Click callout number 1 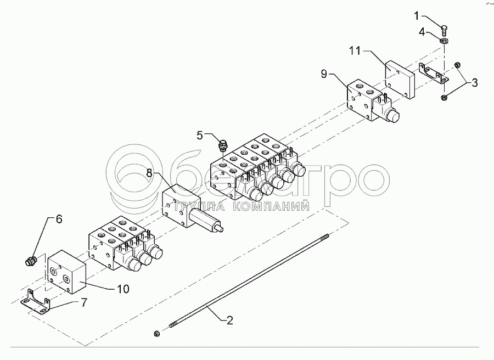pyautogui.click(x=431, y=15)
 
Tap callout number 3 pyautogui.click(x=475, y=83)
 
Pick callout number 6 pyautogui.click(x=59, y=219)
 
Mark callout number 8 pyautogui.click(x=149, y=173)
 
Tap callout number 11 pyautogui.click(x=355, y=51)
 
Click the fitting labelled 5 pyautogui.click(x=223, y=146)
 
